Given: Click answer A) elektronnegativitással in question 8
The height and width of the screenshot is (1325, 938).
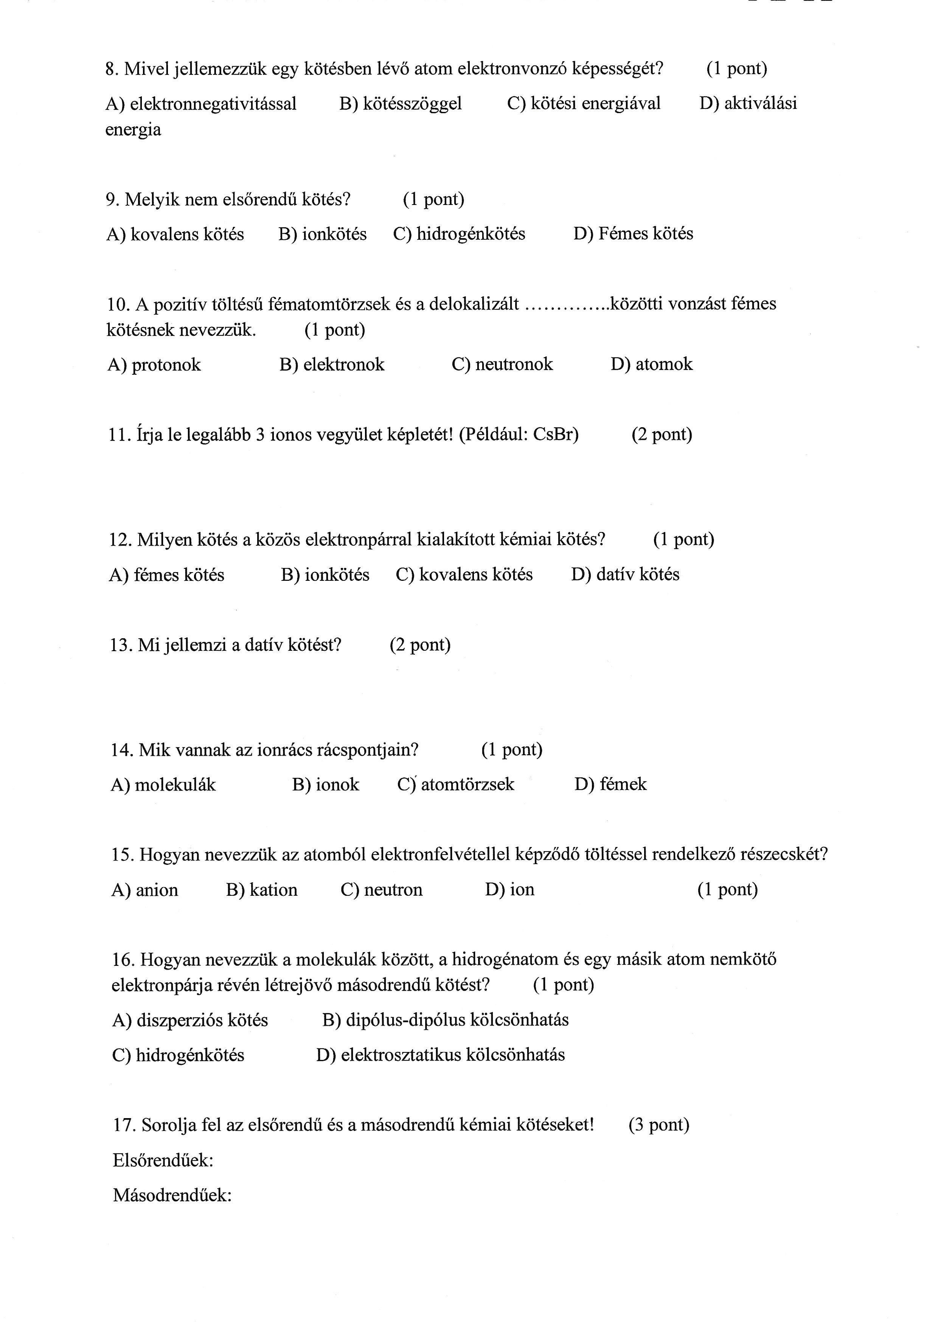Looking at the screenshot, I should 201,104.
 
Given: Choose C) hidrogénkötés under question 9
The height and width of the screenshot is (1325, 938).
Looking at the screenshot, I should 459,234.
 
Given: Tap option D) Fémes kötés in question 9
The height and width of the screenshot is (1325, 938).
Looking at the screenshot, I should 633,234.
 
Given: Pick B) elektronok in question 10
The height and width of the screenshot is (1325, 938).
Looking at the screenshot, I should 332,364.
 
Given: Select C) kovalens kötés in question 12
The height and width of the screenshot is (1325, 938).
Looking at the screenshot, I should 464,574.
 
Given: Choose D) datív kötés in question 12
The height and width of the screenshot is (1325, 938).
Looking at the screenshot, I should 625,574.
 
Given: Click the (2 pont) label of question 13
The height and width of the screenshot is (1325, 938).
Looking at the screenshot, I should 420,645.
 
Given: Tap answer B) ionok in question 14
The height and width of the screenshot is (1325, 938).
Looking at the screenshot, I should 326,784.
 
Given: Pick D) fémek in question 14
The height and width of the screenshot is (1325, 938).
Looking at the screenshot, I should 610,784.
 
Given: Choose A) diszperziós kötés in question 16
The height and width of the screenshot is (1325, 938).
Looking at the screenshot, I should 190,1020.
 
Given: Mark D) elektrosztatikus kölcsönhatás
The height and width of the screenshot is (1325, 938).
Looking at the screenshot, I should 440,1055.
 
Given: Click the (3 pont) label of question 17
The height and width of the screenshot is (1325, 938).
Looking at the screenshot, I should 658,1125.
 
